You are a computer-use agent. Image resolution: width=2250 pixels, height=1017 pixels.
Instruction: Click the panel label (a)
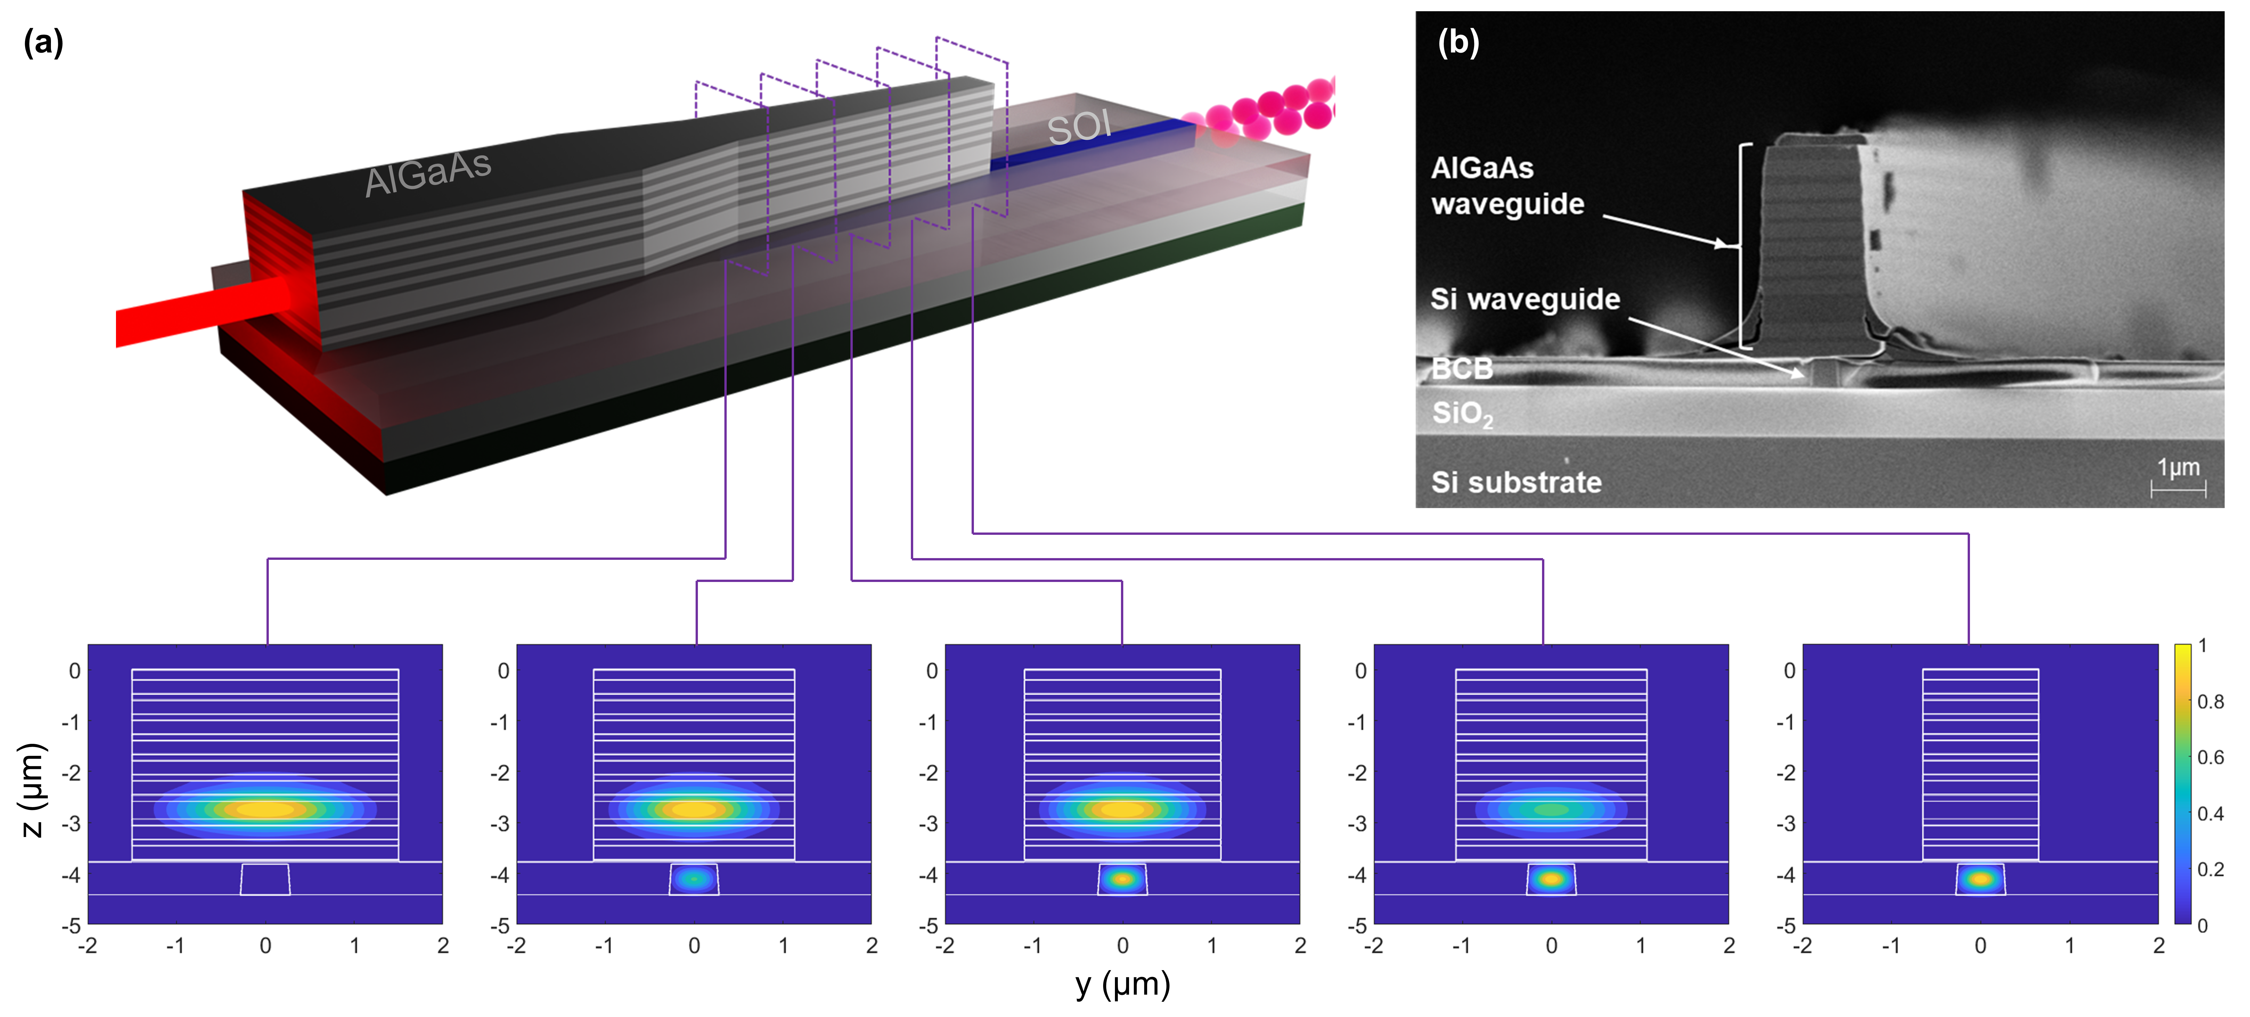(x=43, y=42)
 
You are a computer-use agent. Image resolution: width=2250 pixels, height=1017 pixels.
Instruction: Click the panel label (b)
(x=1458, y=42)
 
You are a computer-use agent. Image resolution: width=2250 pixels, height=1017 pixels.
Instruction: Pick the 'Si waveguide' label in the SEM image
(x=1524, y=299)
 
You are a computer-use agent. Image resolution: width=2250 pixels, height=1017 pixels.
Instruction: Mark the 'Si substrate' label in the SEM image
(x=1516, y=482)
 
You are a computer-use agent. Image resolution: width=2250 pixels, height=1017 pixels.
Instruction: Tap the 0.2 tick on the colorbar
(x=2210, y=869)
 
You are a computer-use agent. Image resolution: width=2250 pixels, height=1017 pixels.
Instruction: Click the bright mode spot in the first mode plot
(x=265, y=809)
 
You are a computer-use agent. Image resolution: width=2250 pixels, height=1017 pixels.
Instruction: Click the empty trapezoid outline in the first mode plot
(x=266, y=879)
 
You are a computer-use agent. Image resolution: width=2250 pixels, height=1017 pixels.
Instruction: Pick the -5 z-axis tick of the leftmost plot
(x=72, y=924)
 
